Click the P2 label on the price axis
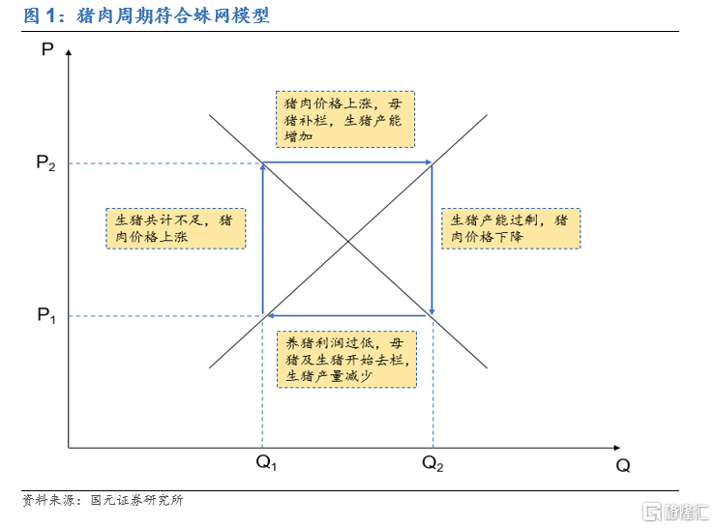[x=45, y=162]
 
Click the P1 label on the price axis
[x=46, y=315]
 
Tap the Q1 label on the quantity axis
[x=266, y=463]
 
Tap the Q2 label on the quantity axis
[x=432, y=463]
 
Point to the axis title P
[x=47, y=48]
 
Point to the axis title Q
[x=623, y=465]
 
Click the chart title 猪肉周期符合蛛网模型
[x=173, y=16]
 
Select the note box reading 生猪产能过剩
[x=511, y=228]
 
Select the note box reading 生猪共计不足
[x=175, y=228]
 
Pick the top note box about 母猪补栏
[x=345, y=119]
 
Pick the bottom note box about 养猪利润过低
[x=346, y=360]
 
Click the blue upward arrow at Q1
[x=262, y=239]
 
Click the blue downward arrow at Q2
[x=432, y=239]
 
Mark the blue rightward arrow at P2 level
[x=347, y=161]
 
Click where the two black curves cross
[x=348, y=241]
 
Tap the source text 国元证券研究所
[x=136, y=500]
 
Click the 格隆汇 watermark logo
[x=675, y=512]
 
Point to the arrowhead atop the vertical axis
[x=69, y=52]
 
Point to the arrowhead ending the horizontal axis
[x=617, y=448]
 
